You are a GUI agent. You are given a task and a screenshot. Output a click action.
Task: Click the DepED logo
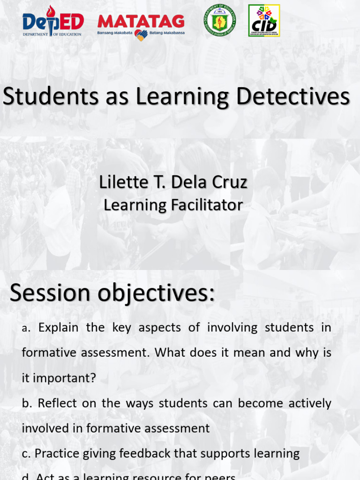tap(53, 24)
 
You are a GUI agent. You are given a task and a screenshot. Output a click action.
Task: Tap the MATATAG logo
tap(141, 22)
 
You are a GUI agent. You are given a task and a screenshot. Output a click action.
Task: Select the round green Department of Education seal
tap(219, 21)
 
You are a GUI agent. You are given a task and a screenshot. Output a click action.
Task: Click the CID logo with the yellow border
tap(264, 21)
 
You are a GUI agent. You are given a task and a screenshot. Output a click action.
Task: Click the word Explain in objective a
tap(59, 328)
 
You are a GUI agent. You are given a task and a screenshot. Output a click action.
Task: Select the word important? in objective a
tap(59, 378)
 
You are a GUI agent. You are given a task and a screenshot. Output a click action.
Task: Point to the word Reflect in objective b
tap(57, 403)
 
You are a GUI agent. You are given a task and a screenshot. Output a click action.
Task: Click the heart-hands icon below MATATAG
tap(141, 35)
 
